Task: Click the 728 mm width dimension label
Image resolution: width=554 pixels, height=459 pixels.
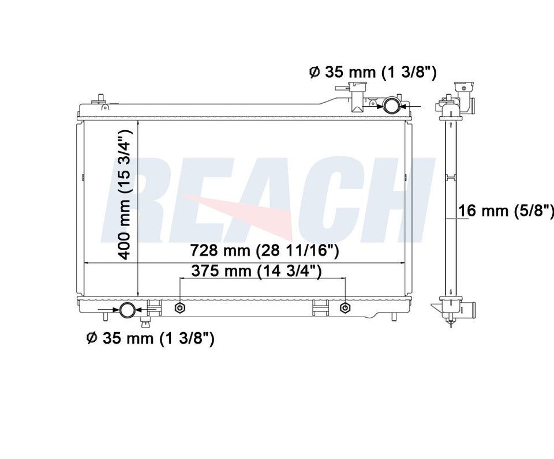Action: (265, 251)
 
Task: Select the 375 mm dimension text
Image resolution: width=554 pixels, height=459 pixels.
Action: (256, 271)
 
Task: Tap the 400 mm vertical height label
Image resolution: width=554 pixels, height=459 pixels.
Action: (125, 194)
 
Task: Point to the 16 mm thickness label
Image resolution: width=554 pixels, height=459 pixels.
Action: (506, 210)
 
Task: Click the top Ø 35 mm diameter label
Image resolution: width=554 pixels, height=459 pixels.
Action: (373, 73)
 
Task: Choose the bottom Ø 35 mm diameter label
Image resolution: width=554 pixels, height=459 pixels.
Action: (151, 338)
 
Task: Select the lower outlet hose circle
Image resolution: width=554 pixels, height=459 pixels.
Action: (127, 310)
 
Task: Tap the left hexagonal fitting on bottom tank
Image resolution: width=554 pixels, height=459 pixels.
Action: (180, 308)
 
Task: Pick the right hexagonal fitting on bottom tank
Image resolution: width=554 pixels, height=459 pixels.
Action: (345, 308)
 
